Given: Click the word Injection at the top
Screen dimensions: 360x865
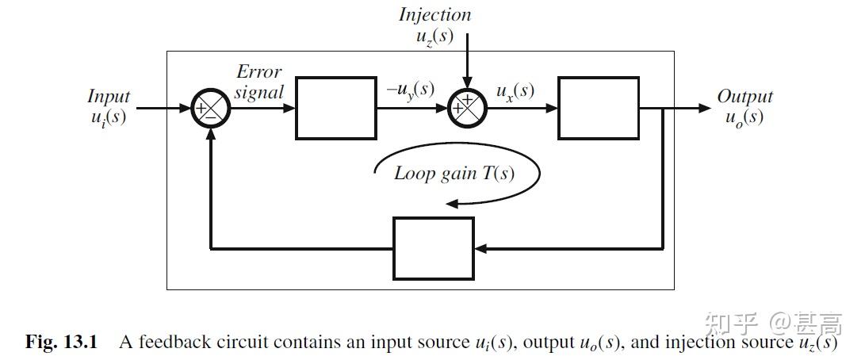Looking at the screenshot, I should (434, 14).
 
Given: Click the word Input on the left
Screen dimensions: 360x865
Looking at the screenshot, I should (109, 97).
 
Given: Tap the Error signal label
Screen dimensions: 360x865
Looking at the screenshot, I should (259, 82).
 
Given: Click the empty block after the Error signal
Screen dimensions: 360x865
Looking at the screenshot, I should (335, 108).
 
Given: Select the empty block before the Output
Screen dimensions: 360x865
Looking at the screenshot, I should (598, 108).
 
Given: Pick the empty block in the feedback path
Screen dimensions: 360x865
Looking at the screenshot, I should (434, 248).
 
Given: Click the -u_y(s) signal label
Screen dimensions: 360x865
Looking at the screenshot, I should (410, 90).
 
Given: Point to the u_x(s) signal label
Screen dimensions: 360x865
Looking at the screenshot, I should (515, 90).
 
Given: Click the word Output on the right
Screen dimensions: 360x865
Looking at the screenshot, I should (744, 97).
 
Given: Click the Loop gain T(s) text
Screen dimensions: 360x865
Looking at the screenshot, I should (454, 174).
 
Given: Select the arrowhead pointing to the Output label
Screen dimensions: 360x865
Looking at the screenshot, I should (705, 108).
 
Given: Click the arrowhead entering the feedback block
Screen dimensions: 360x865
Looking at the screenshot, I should (480, 248).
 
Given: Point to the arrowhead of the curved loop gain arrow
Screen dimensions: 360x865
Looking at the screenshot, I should (452, 203).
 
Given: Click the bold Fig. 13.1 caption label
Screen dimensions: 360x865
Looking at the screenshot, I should (61, 343).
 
